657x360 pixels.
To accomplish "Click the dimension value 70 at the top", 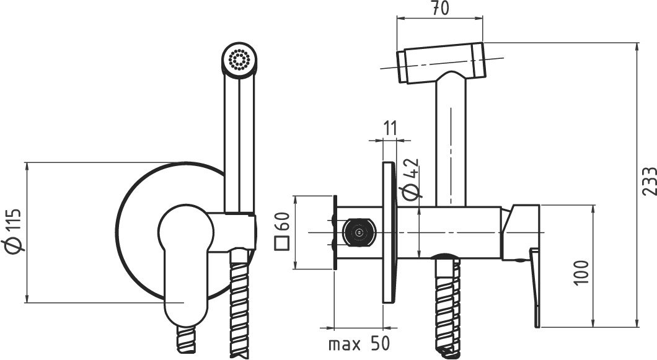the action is [440, 9].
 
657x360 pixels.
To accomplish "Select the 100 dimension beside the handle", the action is [581, 273].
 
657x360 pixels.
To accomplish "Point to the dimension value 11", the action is [390, 128].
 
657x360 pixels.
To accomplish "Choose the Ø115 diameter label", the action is [12, 230].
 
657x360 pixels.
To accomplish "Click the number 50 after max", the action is [380, 344].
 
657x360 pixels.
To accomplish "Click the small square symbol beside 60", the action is [282, 243].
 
